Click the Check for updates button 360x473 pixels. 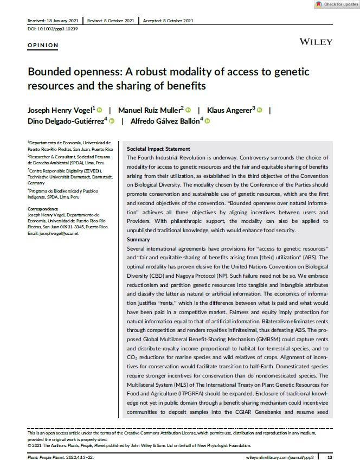pos(336,4)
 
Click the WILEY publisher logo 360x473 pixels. pos(316,42)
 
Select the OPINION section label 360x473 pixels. pos(42,46)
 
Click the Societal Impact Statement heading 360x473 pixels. pos(158,149)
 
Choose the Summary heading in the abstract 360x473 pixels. pos(138,240)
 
